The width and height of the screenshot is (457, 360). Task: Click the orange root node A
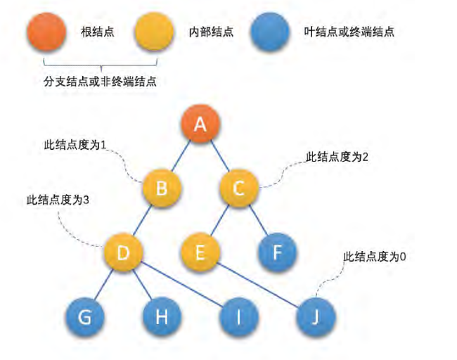(200, 125)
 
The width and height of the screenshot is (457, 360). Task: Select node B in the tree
(162, 188)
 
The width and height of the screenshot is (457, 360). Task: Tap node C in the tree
(238, 188)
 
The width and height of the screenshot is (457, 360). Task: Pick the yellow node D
(124, 252)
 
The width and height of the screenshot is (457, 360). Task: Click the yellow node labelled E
(200, 252)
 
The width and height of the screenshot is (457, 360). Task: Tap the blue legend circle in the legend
(271, 32)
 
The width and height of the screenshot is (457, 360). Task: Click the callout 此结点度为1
(72, 145)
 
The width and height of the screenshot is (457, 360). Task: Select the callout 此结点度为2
(337, 157)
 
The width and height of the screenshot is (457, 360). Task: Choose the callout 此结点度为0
(375, 257)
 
